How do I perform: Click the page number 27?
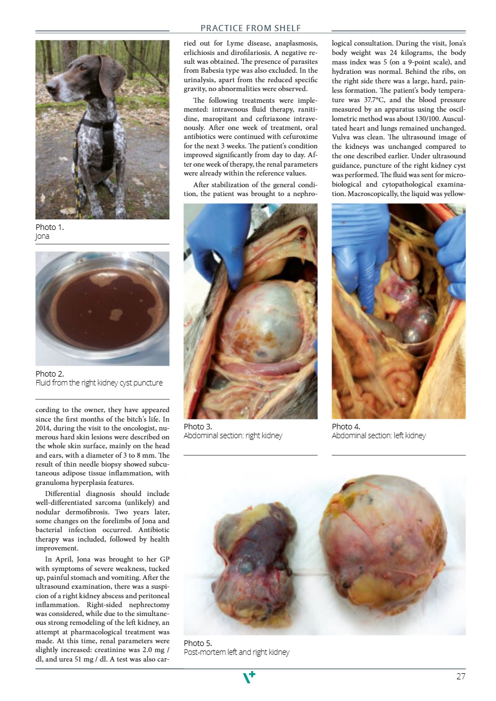coord(460,677)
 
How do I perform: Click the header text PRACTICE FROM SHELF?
coord(250,28)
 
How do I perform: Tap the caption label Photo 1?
coord(49,227)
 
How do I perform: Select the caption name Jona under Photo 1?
coord(42,236)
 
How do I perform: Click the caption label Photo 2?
coord(49,374)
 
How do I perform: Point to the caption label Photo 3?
coord(198,427)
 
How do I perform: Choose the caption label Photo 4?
coord(346,427)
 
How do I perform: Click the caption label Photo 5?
coord(198,643)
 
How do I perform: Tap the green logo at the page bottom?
coord(250,677)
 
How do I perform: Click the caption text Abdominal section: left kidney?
coord(379,435)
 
